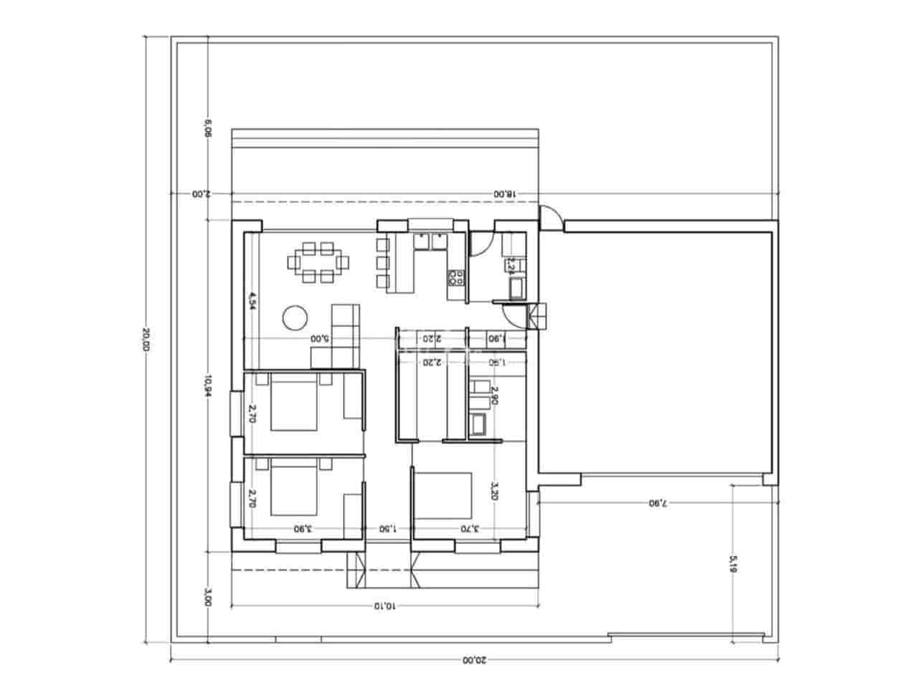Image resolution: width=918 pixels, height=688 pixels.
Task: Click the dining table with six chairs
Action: coord(320,262)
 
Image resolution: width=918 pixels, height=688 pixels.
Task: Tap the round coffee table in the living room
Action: coord(294,316)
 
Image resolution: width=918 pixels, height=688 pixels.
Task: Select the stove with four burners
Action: coord(455,277)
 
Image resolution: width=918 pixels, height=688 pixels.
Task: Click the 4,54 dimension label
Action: coord(252,300)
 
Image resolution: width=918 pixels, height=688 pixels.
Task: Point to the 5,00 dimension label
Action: coord(320,338)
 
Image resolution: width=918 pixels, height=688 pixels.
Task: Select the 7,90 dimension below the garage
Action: coord(658,503)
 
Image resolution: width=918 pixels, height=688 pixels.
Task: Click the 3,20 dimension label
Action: coord(493,492)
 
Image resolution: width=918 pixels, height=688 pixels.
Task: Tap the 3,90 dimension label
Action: coord(303,529)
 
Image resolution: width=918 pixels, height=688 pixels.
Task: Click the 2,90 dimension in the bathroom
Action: coord(493,395)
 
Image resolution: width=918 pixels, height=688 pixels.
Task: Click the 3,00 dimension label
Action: coord(208,598)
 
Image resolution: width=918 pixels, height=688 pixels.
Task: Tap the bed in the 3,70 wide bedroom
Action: coord(444,494)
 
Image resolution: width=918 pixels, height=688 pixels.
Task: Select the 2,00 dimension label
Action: coord(201,194)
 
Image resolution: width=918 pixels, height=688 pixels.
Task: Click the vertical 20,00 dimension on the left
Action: coord(146,339)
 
